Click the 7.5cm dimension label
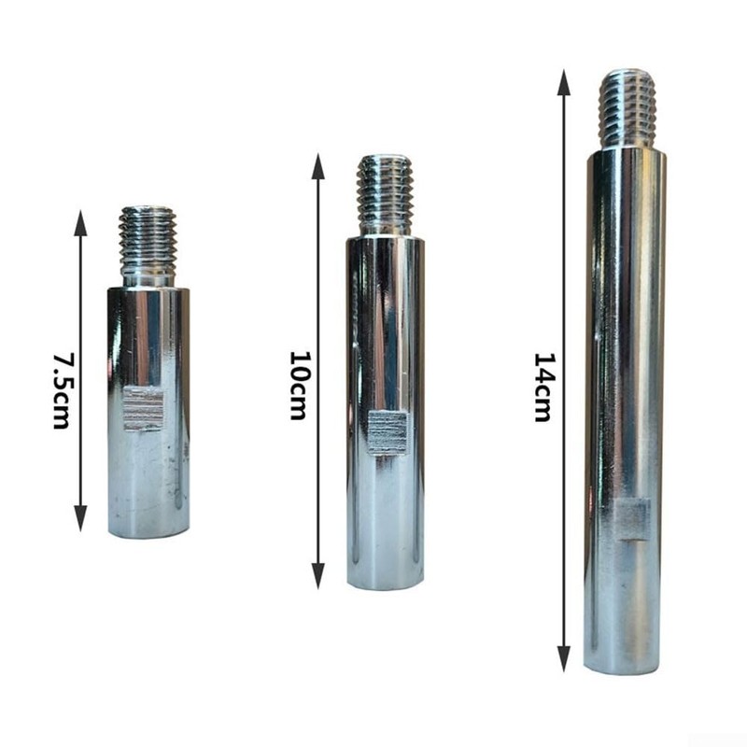pyautogui.click(x=61, y=391)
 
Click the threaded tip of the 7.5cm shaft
pyautogui.click(x=148, y=238)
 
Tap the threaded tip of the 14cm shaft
pyautogui.click(x=627, y=103)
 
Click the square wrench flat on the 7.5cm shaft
pyautogui.click(x=144, y=408)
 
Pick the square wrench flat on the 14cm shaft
pyautogui.click(x=631, y=520)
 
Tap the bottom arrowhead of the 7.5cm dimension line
pyautogui.click(x=81, y=521)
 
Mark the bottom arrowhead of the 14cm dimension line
pyautogui.click(x=564, y=660)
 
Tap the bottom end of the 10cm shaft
pyautogui.click(x=385, y=583)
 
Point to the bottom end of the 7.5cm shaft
pyautogui.click(x=148, y=531)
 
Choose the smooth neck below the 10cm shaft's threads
pyautogui.click(x=385, y=227)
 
